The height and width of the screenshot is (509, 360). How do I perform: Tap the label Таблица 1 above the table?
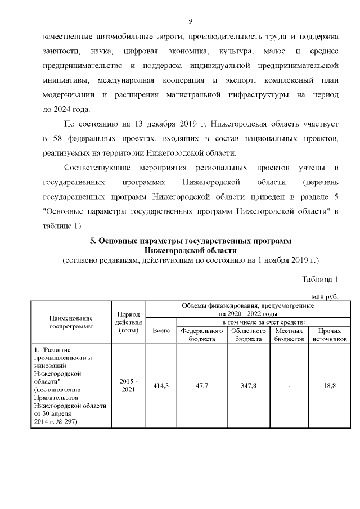tap(319, 280)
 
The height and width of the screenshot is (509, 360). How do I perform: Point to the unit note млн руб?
tap(325, 296)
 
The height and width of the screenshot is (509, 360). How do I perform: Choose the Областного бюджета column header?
tap(248, 335)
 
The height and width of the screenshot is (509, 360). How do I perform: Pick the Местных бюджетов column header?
tap(289, 335)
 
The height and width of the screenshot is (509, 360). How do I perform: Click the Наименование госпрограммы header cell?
tap(71, 322)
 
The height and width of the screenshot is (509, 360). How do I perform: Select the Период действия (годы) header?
tap(129, 322)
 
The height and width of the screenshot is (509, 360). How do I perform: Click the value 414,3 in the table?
tap(161, 385)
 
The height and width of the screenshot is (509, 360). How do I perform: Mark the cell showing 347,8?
tap(248, 385)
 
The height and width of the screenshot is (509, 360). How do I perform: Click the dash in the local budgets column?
tap(289, 385)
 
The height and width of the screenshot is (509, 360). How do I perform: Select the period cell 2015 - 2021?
tap(129, 385)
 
